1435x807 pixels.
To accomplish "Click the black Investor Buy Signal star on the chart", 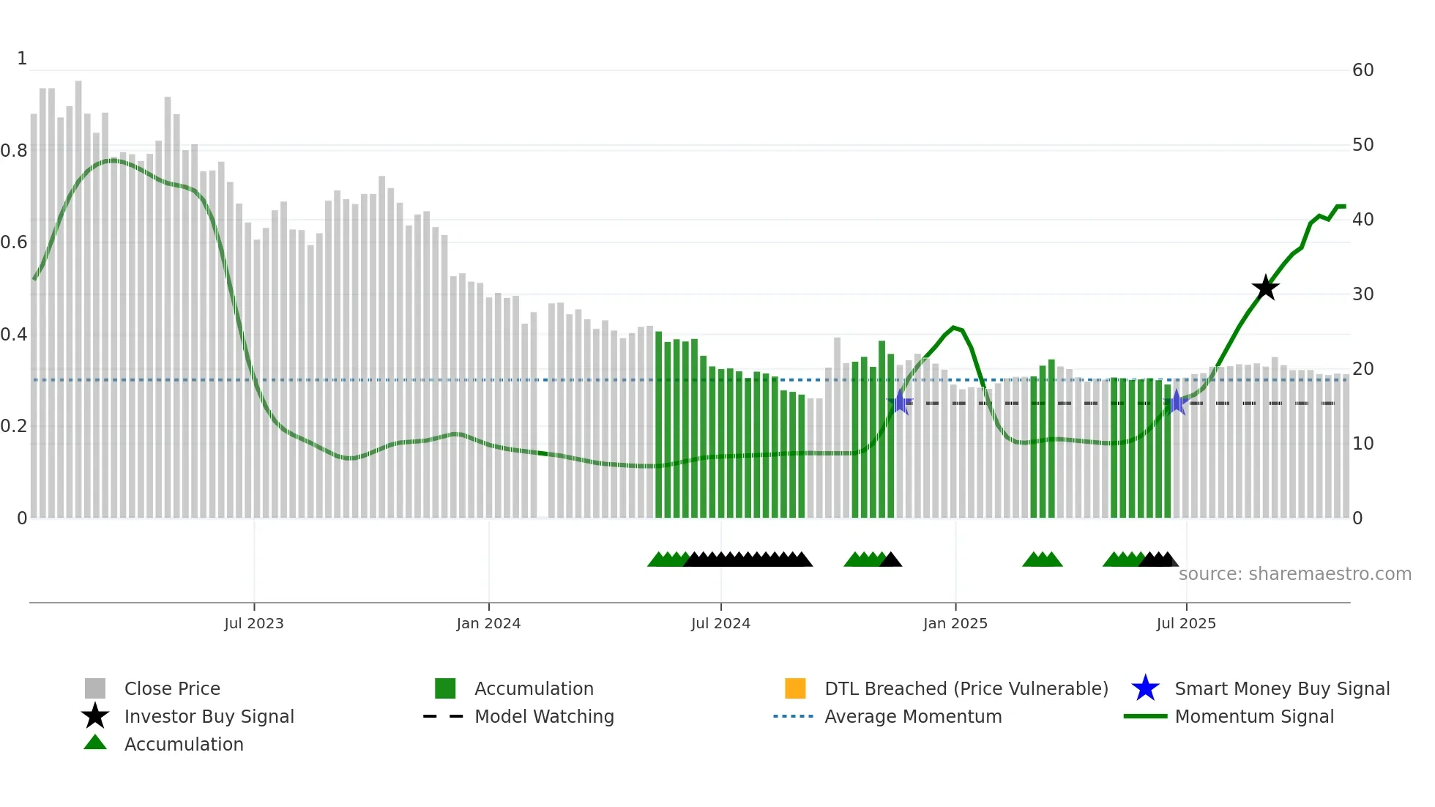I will click(1265, 288).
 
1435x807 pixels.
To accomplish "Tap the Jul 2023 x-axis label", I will click(254, 623).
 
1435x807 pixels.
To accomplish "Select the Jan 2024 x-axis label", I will click(488, 623).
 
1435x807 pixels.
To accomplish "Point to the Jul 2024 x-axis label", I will click(720, 623).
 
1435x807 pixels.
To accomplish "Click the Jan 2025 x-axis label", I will click(955, 623).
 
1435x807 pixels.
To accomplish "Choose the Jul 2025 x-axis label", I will click(1186, 623).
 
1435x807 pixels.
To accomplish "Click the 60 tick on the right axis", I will click(1363, 70).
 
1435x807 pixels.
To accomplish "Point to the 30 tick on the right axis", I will click(1363, 294).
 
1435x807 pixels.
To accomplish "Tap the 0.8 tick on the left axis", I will click(15, 151).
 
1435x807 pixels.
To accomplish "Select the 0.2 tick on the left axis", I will click(15, 426).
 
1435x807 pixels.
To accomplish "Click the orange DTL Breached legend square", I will click(795, 688).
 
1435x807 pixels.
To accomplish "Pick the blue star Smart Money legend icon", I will click(1145, 688).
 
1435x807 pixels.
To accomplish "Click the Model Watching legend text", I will click(544, 716).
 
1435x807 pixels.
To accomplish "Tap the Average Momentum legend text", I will click(913, 716).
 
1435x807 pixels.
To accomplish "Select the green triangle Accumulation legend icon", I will click(95, 743).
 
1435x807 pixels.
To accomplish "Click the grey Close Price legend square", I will click(95, 688).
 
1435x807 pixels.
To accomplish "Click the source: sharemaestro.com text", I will click(1294, 574).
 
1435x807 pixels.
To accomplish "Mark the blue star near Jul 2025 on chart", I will click(1177, 402).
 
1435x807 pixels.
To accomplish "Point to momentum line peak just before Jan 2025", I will click(953, 327).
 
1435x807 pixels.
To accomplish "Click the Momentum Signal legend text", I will click(1254, 716).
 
